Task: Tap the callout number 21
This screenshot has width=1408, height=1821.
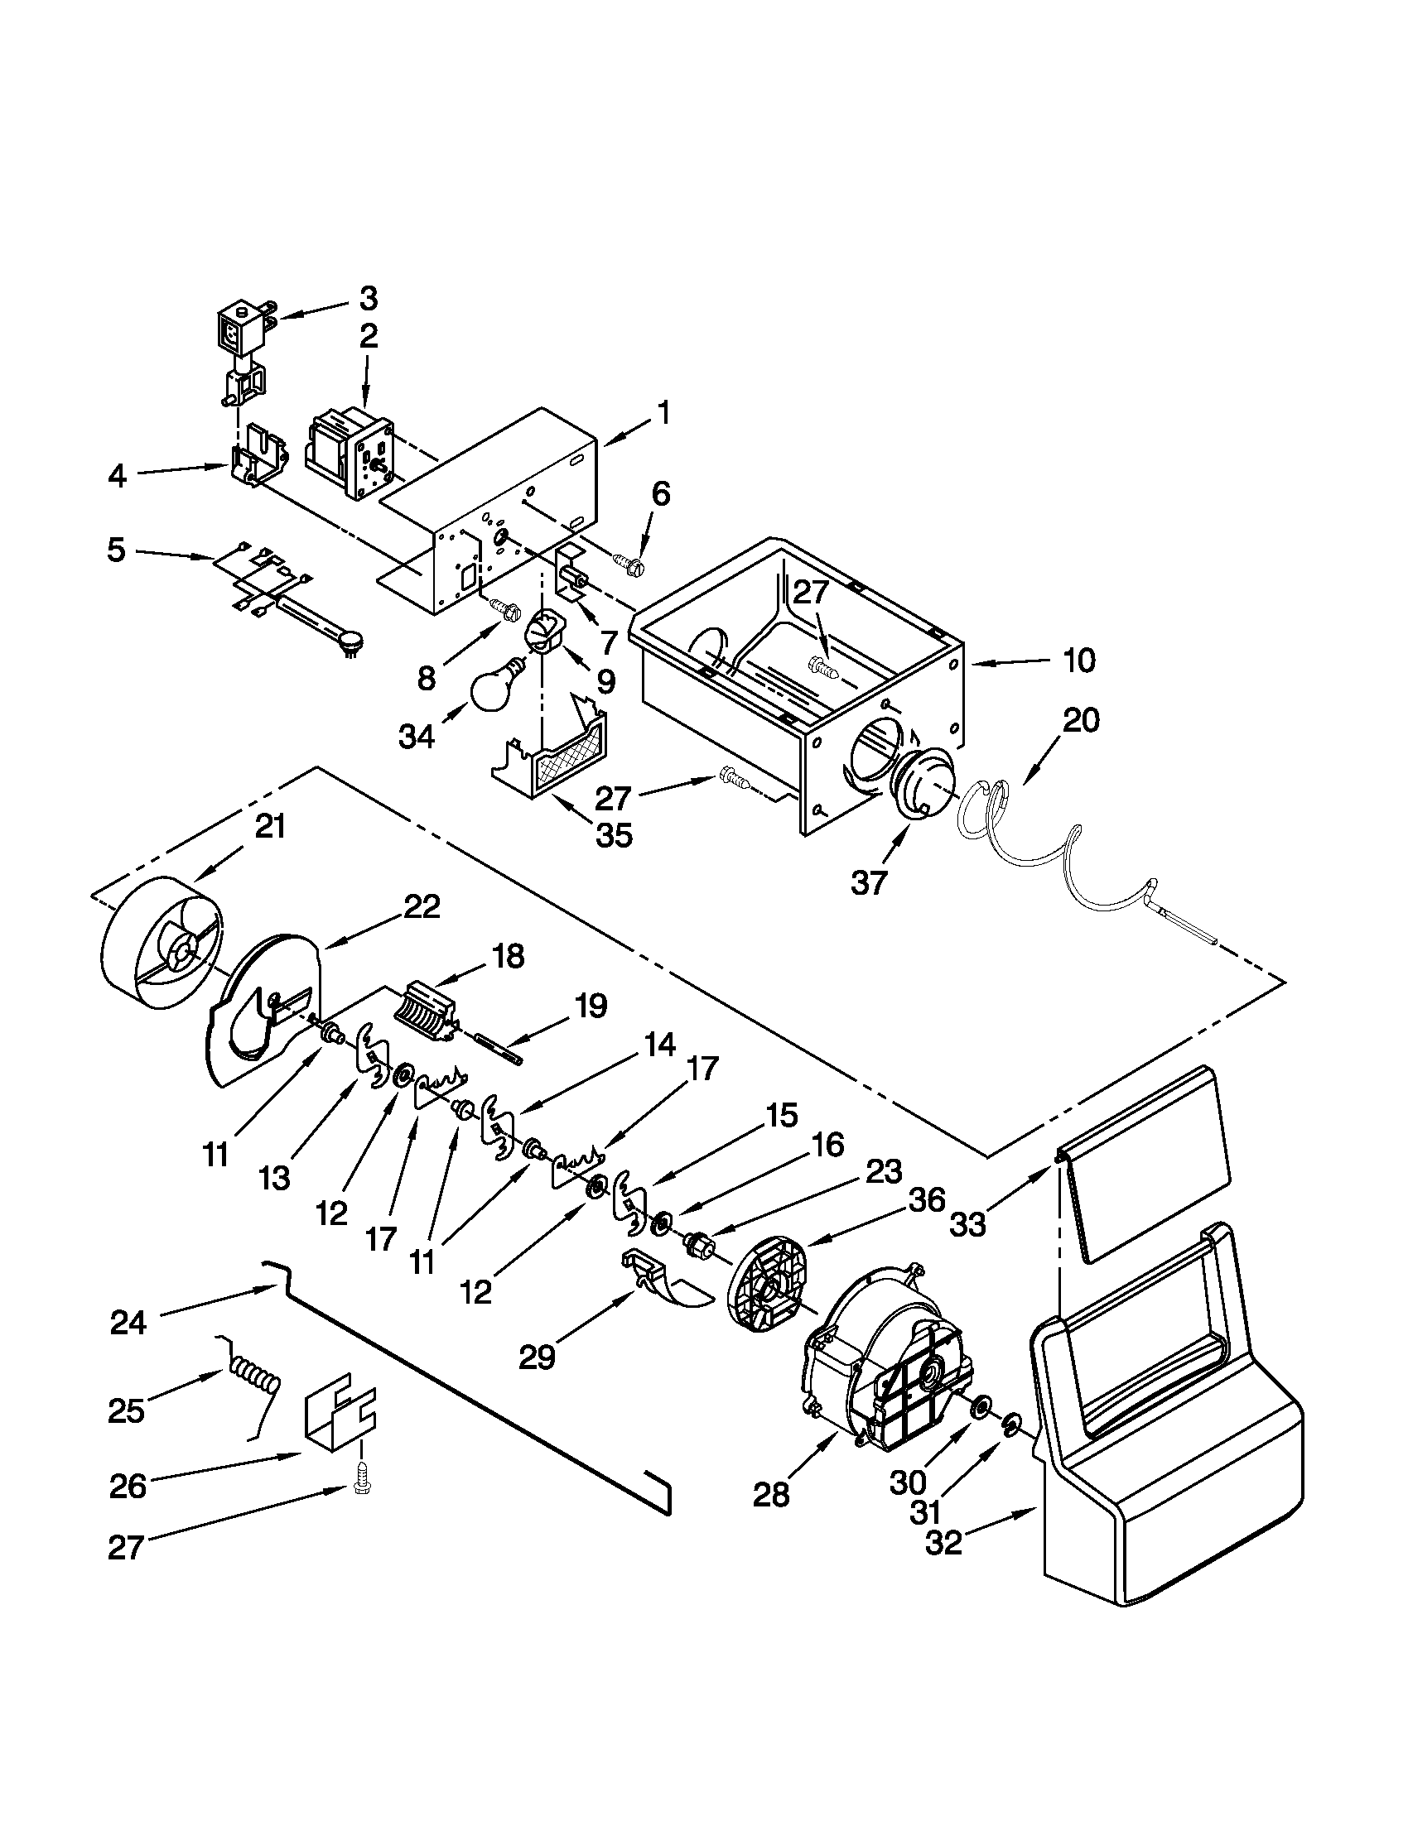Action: click(x=269, y=826)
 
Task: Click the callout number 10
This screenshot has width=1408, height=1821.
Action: click(x=1079, y=661)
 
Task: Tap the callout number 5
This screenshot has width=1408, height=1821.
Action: click(x=116, y=550)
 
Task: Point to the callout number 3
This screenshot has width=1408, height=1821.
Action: click(x=368, y=298)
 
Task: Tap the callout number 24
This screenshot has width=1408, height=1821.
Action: click(x=128, y=1324)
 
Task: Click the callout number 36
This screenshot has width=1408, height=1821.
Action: click(x=927, y=1201)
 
